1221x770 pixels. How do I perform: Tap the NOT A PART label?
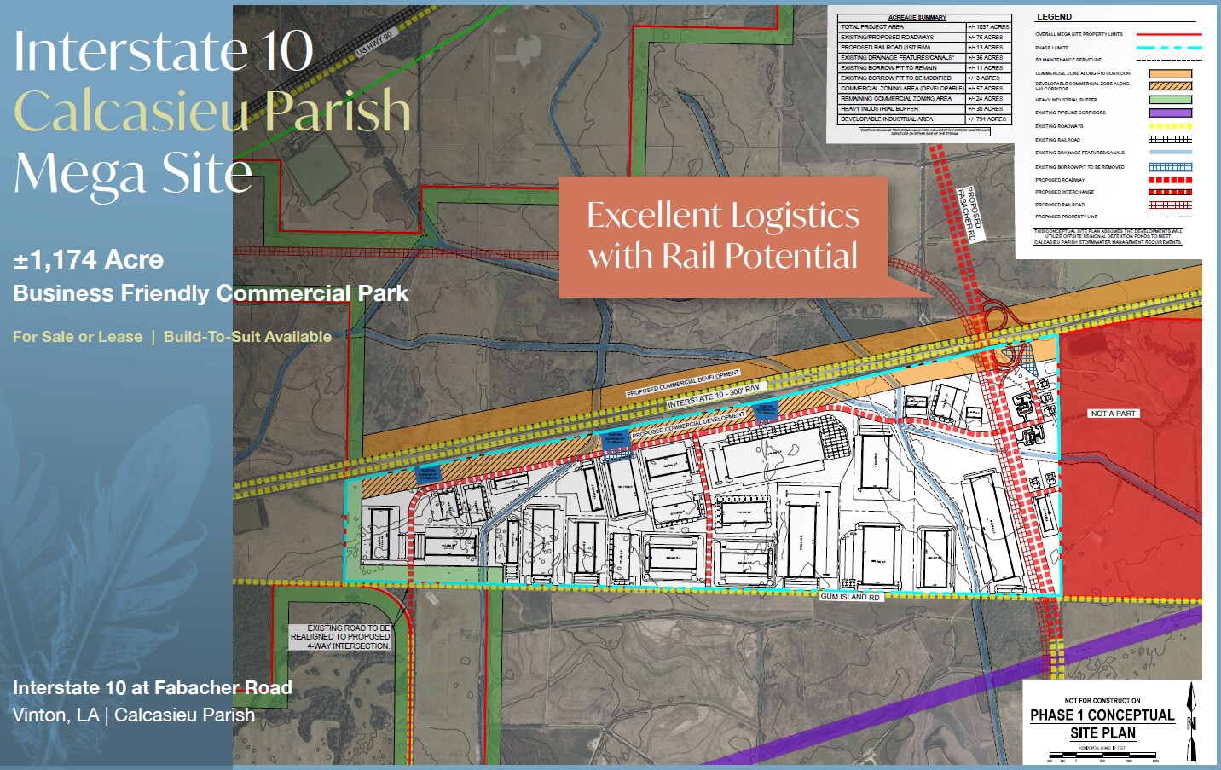pyautogui.click(x=1113, y=414)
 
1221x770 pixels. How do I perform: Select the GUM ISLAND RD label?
pyautogui.click(x=849, y=597)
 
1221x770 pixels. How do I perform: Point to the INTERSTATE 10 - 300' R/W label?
pyautogui.click(x=713, y=395)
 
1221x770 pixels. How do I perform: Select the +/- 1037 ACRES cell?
pyautogui.click(x=988, y=27)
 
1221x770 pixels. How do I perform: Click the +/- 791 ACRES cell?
pyautogui.click(x=988, y=119)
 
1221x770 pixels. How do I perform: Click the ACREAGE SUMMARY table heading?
pyautogui.click(x=917, y=17)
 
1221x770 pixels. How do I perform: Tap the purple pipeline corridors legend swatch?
pyautogui.click(x=1170, y=113)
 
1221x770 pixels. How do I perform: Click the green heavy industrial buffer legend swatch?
pyautogui.click(x=1170, y=100)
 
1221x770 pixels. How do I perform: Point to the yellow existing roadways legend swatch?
pyautogui.click(x=1170, y=126)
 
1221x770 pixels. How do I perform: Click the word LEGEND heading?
pyautogui.click(x=1054, y=17)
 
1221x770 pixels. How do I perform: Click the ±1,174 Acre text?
pyautogui.click(x=88, y=260)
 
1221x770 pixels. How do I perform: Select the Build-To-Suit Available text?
pyautogui.click(x=247, y=337)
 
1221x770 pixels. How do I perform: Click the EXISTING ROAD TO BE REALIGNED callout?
pyautogui.click(x=340, y=637)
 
